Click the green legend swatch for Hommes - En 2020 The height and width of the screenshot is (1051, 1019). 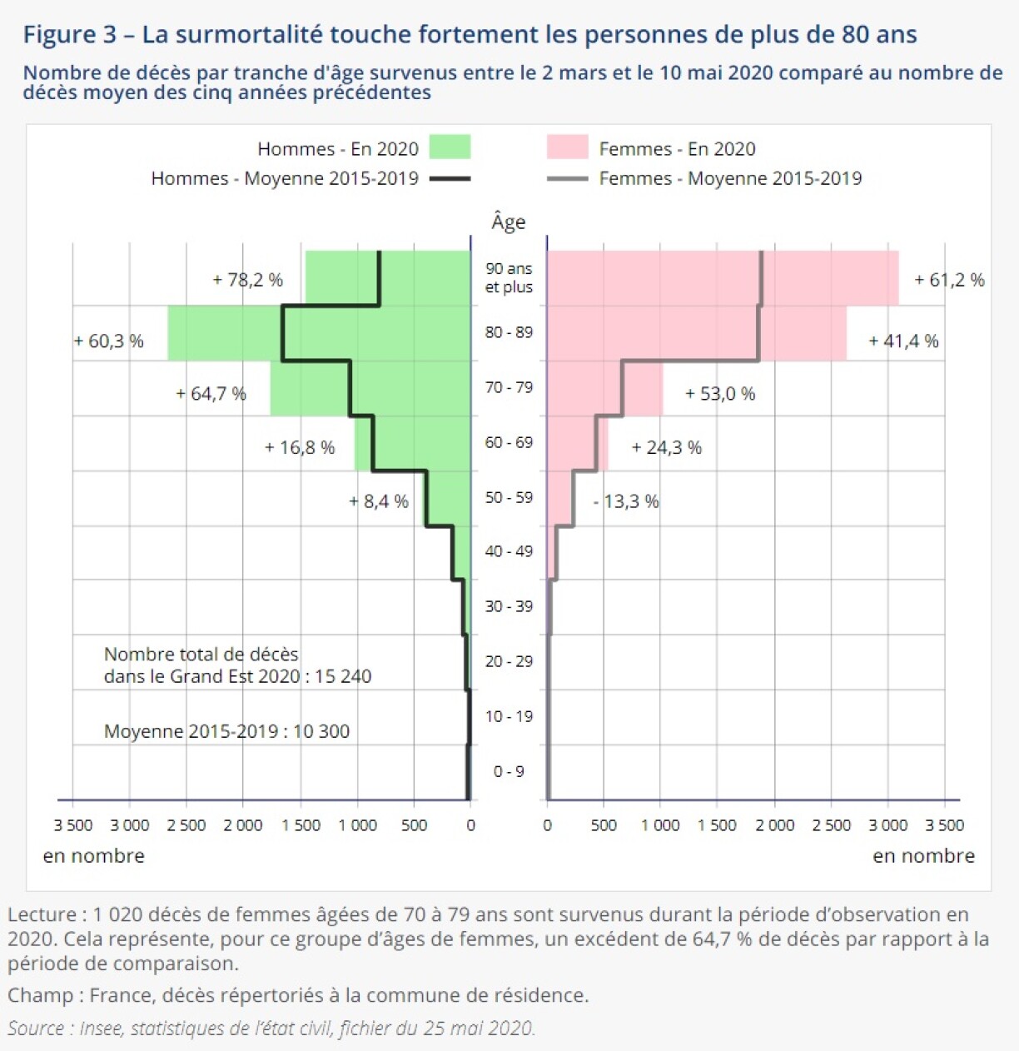pos(450,147)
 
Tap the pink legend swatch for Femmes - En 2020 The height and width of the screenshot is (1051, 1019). pos(567,147)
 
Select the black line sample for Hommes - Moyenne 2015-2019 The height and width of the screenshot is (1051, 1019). pos(450,178)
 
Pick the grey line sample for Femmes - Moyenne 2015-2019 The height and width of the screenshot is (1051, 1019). pos(567,178)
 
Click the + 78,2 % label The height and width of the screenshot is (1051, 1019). pos(247,280)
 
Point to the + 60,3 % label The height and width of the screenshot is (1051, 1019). pos(108,341)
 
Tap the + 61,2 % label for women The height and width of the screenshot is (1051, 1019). pos(949,280)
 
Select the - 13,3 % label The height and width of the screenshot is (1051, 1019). pos(626,501)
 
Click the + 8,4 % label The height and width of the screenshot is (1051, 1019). pos(379,501)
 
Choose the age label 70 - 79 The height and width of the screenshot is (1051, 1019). pos(509,387)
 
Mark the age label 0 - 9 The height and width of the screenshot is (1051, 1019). pos(509,771)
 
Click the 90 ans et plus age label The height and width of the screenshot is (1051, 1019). pos(509,277)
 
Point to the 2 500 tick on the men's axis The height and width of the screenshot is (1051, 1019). pos(186,825)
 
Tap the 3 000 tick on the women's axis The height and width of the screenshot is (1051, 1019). pos(888,825)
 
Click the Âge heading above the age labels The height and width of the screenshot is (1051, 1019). pos(509,222)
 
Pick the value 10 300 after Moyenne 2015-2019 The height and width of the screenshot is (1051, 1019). pos(321,731)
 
